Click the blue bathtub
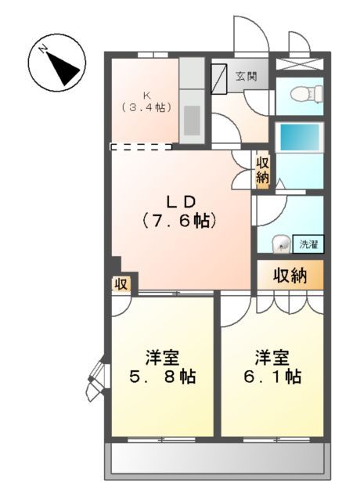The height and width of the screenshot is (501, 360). (x=300, y=138)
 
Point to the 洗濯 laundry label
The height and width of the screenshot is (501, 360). (x=309, y=244)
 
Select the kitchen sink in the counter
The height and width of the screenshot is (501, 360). (x=192, y=117)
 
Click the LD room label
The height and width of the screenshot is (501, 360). (x=178, y=200)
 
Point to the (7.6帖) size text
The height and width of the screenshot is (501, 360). (x=178, y=221)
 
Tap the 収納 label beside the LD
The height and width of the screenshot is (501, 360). (x=262, y=171)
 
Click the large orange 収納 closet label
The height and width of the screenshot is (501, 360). (x=290, y=276)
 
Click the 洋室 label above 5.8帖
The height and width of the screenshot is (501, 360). (x=163, y=358)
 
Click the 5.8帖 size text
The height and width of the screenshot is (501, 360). (x=163, y=377)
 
